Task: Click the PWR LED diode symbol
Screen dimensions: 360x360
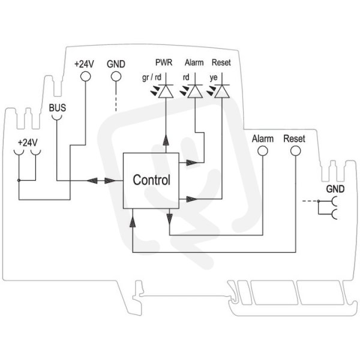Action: [166, 91]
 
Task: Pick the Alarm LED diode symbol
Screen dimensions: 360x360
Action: [195, 91]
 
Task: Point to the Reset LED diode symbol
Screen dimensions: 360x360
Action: [222, 91]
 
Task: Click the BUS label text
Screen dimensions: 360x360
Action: [58, 107]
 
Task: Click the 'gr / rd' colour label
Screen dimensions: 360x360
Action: [152, 77]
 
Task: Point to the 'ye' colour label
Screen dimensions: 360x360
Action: [213, 77]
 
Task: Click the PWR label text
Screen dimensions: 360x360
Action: [164, 62]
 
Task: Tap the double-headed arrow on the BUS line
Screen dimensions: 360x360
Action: [101, 181]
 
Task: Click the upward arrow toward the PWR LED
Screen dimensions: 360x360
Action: [166, 140]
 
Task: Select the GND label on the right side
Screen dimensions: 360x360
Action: [335, 189]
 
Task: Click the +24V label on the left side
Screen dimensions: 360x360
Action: [28, 143]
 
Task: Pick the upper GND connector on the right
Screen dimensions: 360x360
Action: [334, 201]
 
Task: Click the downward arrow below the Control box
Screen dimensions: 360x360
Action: [169, 218]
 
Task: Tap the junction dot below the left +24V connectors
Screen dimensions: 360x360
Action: [19, 181]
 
